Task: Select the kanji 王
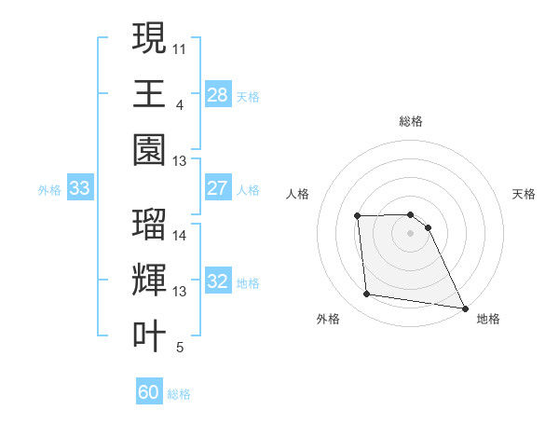[149, 93]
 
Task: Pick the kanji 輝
[149, 281]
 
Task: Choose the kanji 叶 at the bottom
[149, 336]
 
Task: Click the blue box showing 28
[217, 94]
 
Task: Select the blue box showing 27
[217, 188]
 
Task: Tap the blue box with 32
[217, 281]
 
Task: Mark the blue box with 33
[79, 189]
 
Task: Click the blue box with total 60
[148, 392]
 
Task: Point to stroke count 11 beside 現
[180, 47]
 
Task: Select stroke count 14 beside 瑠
[180, 235]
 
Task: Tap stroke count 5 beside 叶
[179, 348]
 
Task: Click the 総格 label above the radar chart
[411, 121]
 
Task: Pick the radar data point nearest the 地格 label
[464, 308]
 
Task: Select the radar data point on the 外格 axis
[367, 294]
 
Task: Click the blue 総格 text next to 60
[179, 393]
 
